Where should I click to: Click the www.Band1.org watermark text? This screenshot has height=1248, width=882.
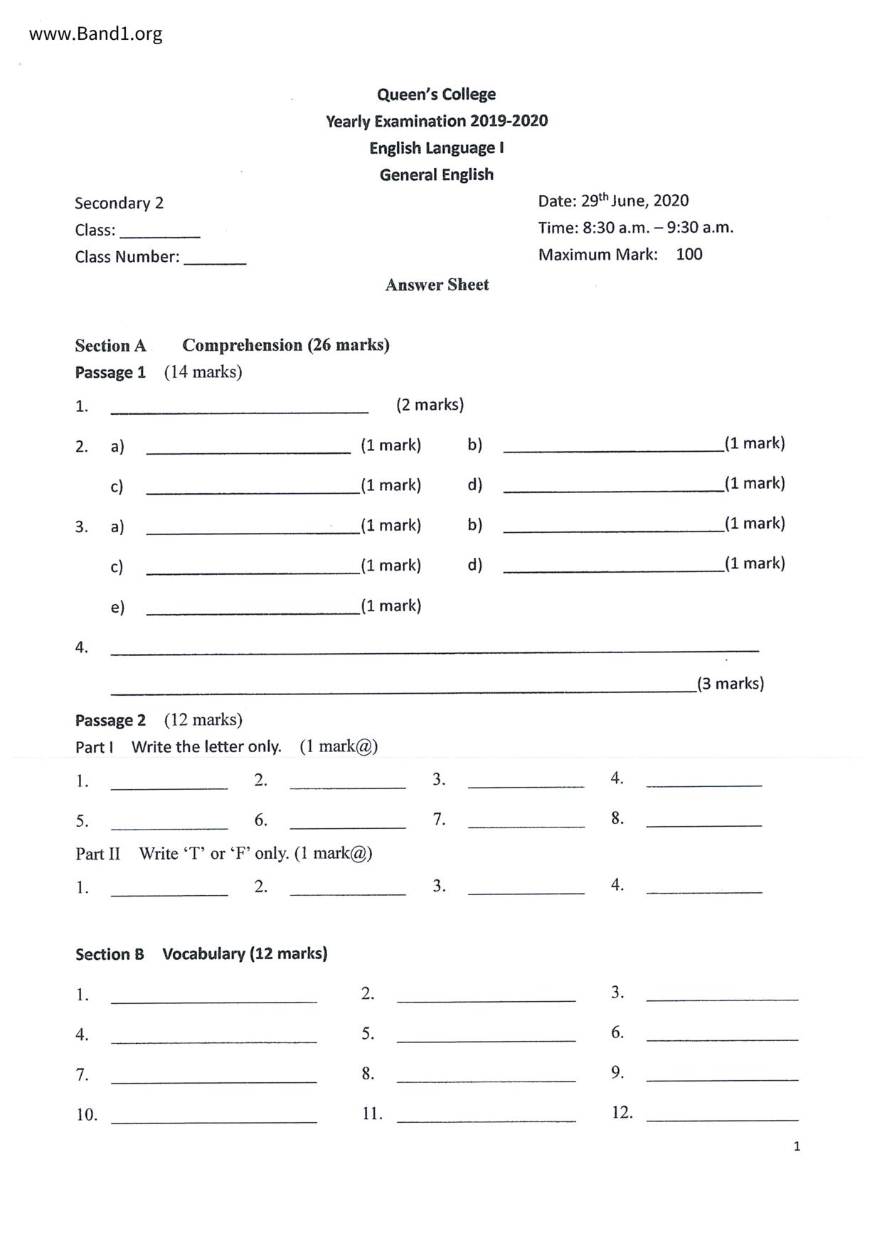coord(95,34)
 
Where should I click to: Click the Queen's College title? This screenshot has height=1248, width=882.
coord(436,95)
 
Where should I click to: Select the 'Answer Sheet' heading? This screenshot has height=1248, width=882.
coord(437,285)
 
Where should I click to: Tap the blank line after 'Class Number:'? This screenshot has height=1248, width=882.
coord(215,260)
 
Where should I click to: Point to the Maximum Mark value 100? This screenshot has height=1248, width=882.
coord(689,255)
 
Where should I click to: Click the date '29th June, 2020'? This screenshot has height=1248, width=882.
coord(634,201)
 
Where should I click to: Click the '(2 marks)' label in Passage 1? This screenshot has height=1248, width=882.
coord(430,405)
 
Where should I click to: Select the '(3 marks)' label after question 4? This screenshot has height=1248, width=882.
coord(730,684)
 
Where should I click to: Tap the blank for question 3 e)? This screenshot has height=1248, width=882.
coord(253,609)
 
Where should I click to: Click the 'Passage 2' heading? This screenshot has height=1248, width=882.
coord(110,721)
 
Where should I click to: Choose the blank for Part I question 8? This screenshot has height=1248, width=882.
coord(703,822)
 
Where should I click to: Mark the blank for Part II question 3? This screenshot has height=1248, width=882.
coord(526,889)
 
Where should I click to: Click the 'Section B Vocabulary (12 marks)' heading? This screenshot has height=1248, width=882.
coord(201,954)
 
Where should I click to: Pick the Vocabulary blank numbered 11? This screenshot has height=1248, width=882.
coord(486,1118)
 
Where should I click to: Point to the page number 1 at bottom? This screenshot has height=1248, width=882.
coord(797,1146)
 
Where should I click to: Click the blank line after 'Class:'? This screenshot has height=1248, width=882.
coord(160,233)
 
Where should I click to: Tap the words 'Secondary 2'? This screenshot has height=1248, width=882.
coord(119,203)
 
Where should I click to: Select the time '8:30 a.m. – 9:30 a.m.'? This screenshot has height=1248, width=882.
coord(657,228)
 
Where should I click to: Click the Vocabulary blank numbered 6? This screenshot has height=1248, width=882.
coord(722,1037)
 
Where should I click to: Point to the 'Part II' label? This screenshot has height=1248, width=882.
coord(97,854)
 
